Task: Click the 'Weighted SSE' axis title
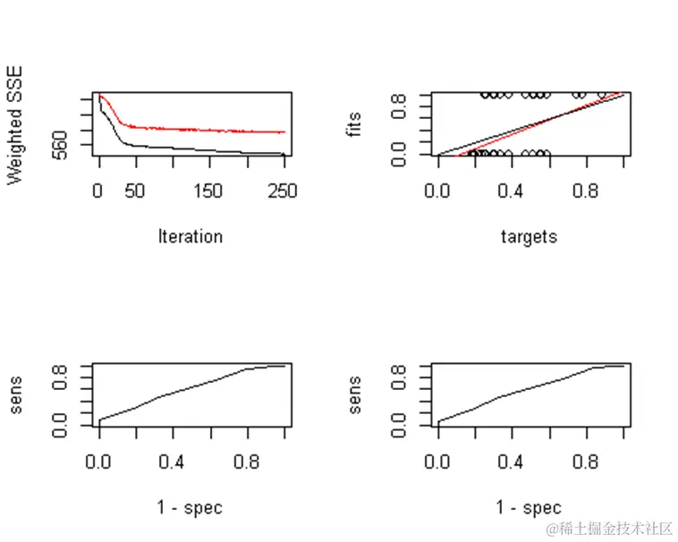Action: (x=15, y=126)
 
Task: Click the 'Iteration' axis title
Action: (x=190, y=237)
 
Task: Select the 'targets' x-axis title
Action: (x=529, y=237)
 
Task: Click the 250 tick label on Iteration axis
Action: (x=283, y=191)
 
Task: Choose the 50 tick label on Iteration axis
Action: (x=135, y=191)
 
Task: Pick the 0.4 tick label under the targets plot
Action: (x=512, y=191)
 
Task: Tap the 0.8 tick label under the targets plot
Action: (x=586, y=191)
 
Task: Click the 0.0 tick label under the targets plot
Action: (x=438, y=191)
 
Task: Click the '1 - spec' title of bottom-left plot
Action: (x=190, y=509)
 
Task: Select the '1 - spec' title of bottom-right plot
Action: (x=529, y=509)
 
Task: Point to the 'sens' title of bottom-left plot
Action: (x=15, y=397)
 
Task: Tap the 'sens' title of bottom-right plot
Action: (x=355, y=397)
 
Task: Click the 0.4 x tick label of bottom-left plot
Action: (x=174, y=462)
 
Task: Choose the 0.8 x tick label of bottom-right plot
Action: (x=586, y=462)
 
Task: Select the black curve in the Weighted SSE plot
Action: (x=179, y=148)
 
